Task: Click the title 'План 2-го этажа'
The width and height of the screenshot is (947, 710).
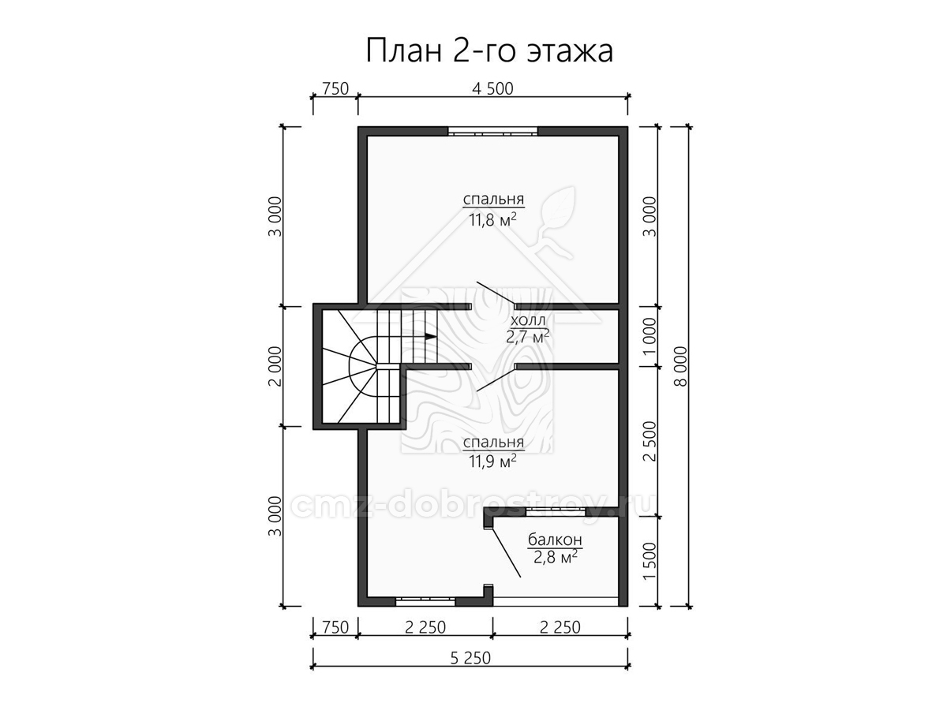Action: coord(489,51)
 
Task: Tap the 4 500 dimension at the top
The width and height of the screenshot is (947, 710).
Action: coord(492,89)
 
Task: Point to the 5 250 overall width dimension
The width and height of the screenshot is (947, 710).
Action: coord(470,658)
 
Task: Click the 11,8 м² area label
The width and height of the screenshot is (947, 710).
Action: coord(493,221)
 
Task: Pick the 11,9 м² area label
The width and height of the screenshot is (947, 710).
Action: coord(493,462)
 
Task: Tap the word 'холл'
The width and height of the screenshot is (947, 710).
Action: coord(528,320)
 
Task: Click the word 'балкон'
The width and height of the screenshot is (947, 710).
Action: coord(555,539)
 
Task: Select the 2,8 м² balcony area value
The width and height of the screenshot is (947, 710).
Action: coord(556,558)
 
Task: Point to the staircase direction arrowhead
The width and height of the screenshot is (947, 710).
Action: coord(430,337)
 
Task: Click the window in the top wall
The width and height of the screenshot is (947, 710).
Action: coord(492,131)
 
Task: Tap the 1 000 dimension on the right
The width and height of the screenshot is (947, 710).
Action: coord(649,337)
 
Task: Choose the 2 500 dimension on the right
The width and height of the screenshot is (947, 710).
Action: coord(649,441)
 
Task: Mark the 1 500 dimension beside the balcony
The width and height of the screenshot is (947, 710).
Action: coord(649,561)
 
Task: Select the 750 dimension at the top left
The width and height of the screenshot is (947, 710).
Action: coord(335,89)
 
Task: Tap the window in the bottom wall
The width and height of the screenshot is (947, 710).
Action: coord(425,601)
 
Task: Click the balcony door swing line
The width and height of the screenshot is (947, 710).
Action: coord(506,551)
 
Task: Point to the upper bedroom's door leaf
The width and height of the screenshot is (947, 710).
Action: coord(496,293)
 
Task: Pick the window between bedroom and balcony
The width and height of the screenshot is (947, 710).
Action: coord(556,511)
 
